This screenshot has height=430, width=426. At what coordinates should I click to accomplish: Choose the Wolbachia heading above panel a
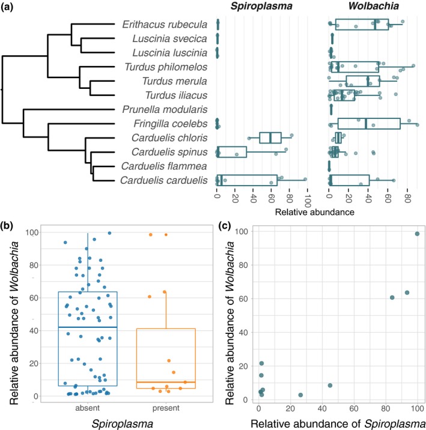[368, 7]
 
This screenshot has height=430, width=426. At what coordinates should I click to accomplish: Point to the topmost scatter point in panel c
[417, 234]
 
